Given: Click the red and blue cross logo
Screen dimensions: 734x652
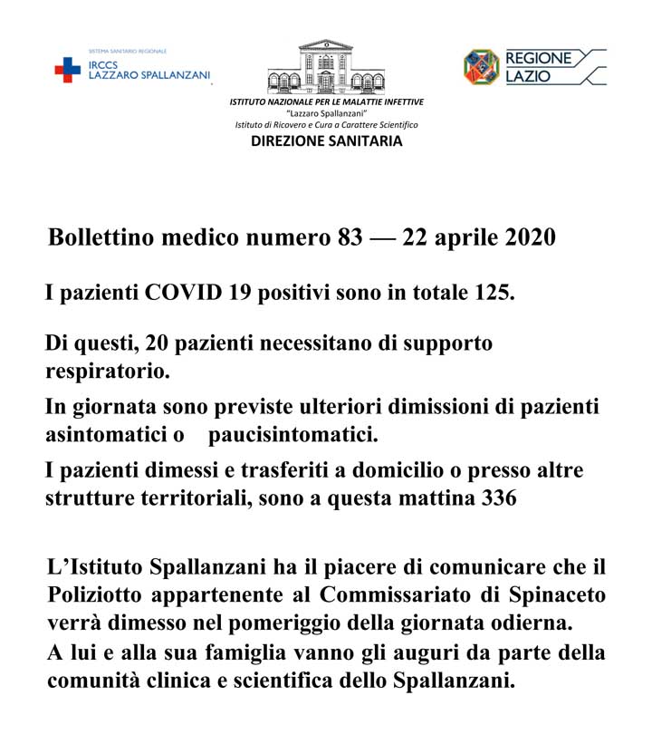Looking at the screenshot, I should click(x=67, y=70).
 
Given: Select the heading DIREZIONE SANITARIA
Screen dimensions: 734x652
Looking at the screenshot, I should click(x=327, y=141).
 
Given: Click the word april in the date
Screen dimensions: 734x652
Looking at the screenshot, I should click(x=453, y=238).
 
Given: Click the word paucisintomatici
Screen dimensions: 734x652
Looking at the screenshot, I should click(x=292, y=435).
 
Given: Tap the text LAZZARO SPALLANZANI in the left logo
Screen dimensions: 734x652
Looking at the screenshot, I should click(x=148, y=74).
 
